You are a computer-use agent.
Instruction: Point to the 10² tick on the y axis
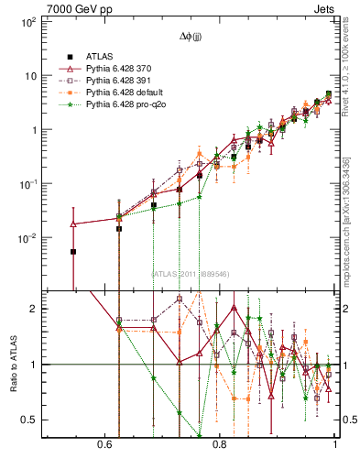click(x=28, y=22)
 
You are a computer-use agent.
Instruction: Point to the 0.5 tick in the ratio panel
click(x=31, y=420)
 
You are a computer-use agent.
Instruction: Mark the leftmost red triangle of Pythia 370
click(x=73, y=224)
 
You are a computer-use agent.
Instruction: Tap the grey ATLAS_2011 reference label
click(x=191, y=273)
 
